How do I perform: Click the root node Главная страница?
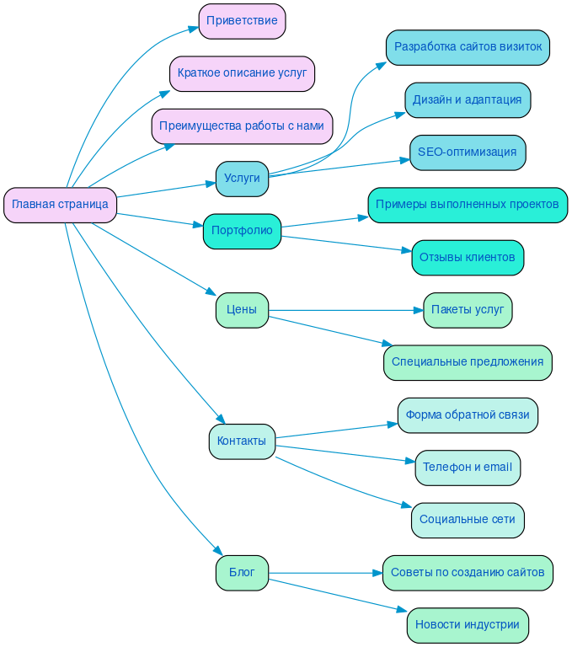tap(60, 205)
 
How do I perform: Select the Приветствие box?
tap(242, 21)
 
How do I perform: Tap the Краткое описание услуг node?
tap(242, 73)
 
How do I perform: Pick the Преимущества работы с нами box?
tap(242, 126)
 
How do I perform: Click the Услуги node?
tap(242, 179)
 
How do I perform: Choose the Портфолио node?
tap(242, 231)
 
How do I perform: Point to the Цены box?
tap(242, 310)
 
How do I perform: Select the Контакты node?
tap(242, 441)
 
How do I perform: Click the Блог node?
tap(242, 573)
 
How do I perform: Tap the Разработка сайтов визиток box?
tap(468, 47)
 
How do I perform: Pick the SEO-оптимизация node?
tap(468, 152)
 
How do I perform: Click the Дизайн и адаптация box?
tap(468, 99)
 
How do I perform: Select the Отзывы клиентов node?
tap(468, 257)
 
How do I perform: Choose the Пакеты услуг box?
tap(468, 310)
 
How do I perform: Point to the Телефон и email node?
tap(468, 468)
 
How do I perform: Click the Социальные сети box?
tap(468, 520)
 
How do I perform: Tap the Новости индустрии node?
tap(468, 625)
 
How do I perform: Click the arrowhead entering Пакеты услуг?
tap(417, 310)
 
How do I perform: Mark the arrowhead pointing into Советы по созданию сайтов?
tap(377, 573)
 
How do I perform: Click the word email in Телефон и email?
tap(496, 468)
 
